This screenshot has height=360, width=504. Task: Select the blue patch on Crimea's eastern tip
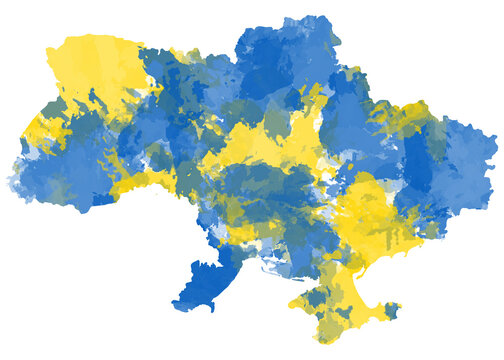point(391,310)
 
